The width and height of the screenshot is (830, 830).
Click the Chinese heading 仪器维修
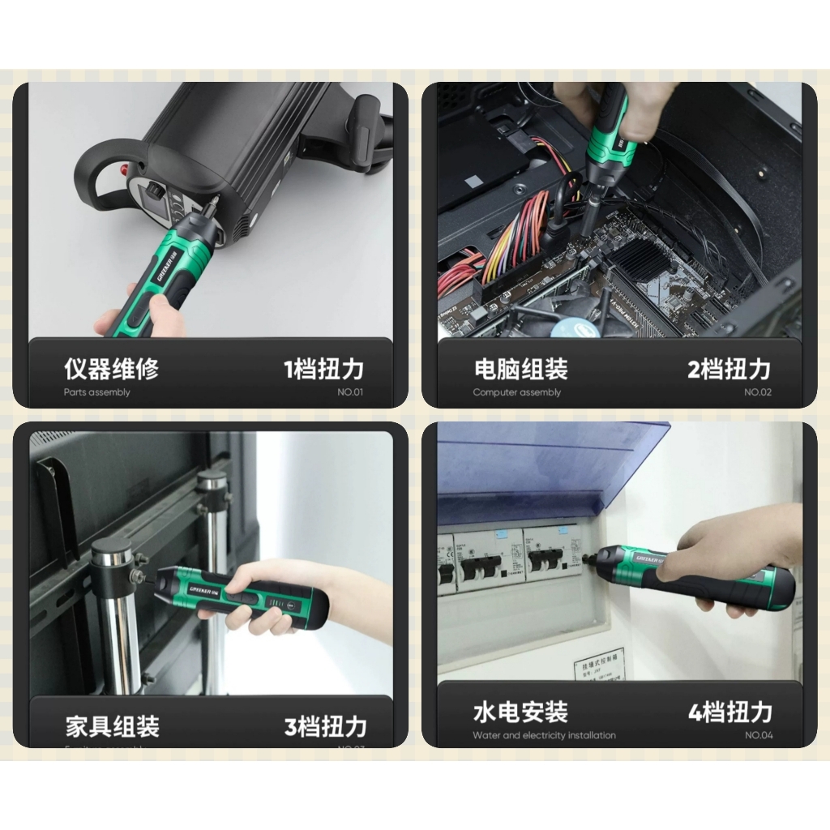click(x=111, y=370)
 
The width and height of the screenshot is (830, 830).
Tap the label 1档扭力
click(x=323, y=370)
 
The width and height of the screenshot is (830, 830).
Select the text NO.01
click(x=350, y=393)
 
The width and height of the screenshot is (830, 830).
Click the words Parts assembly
click(x=96, y=393)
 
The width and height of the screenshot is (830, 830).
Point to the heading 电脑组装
click(x=520, y=370)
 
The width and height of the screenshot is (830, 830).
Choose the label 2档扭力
click(x=729, y=370)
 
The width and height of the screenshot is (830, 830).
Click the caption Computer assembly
click(x=516, y=393)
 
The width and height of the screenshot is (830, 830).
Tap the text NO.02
click(x=758, y=393)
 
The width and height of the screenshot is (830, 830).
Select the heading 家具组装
click(x=112, y=725)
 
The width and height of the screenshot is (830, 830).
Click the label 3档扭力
click(x=325, y=726)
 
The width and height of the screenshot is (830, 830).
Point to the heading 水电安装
click(x=520, y=712)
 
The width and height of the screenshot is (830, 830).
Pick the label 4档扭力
click(x=729, y=712)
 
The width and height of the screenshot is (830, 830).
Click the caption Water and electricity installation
click(x=544, y=736)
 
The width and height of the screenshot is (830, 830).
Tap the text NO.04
click(x=759, y=736)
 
